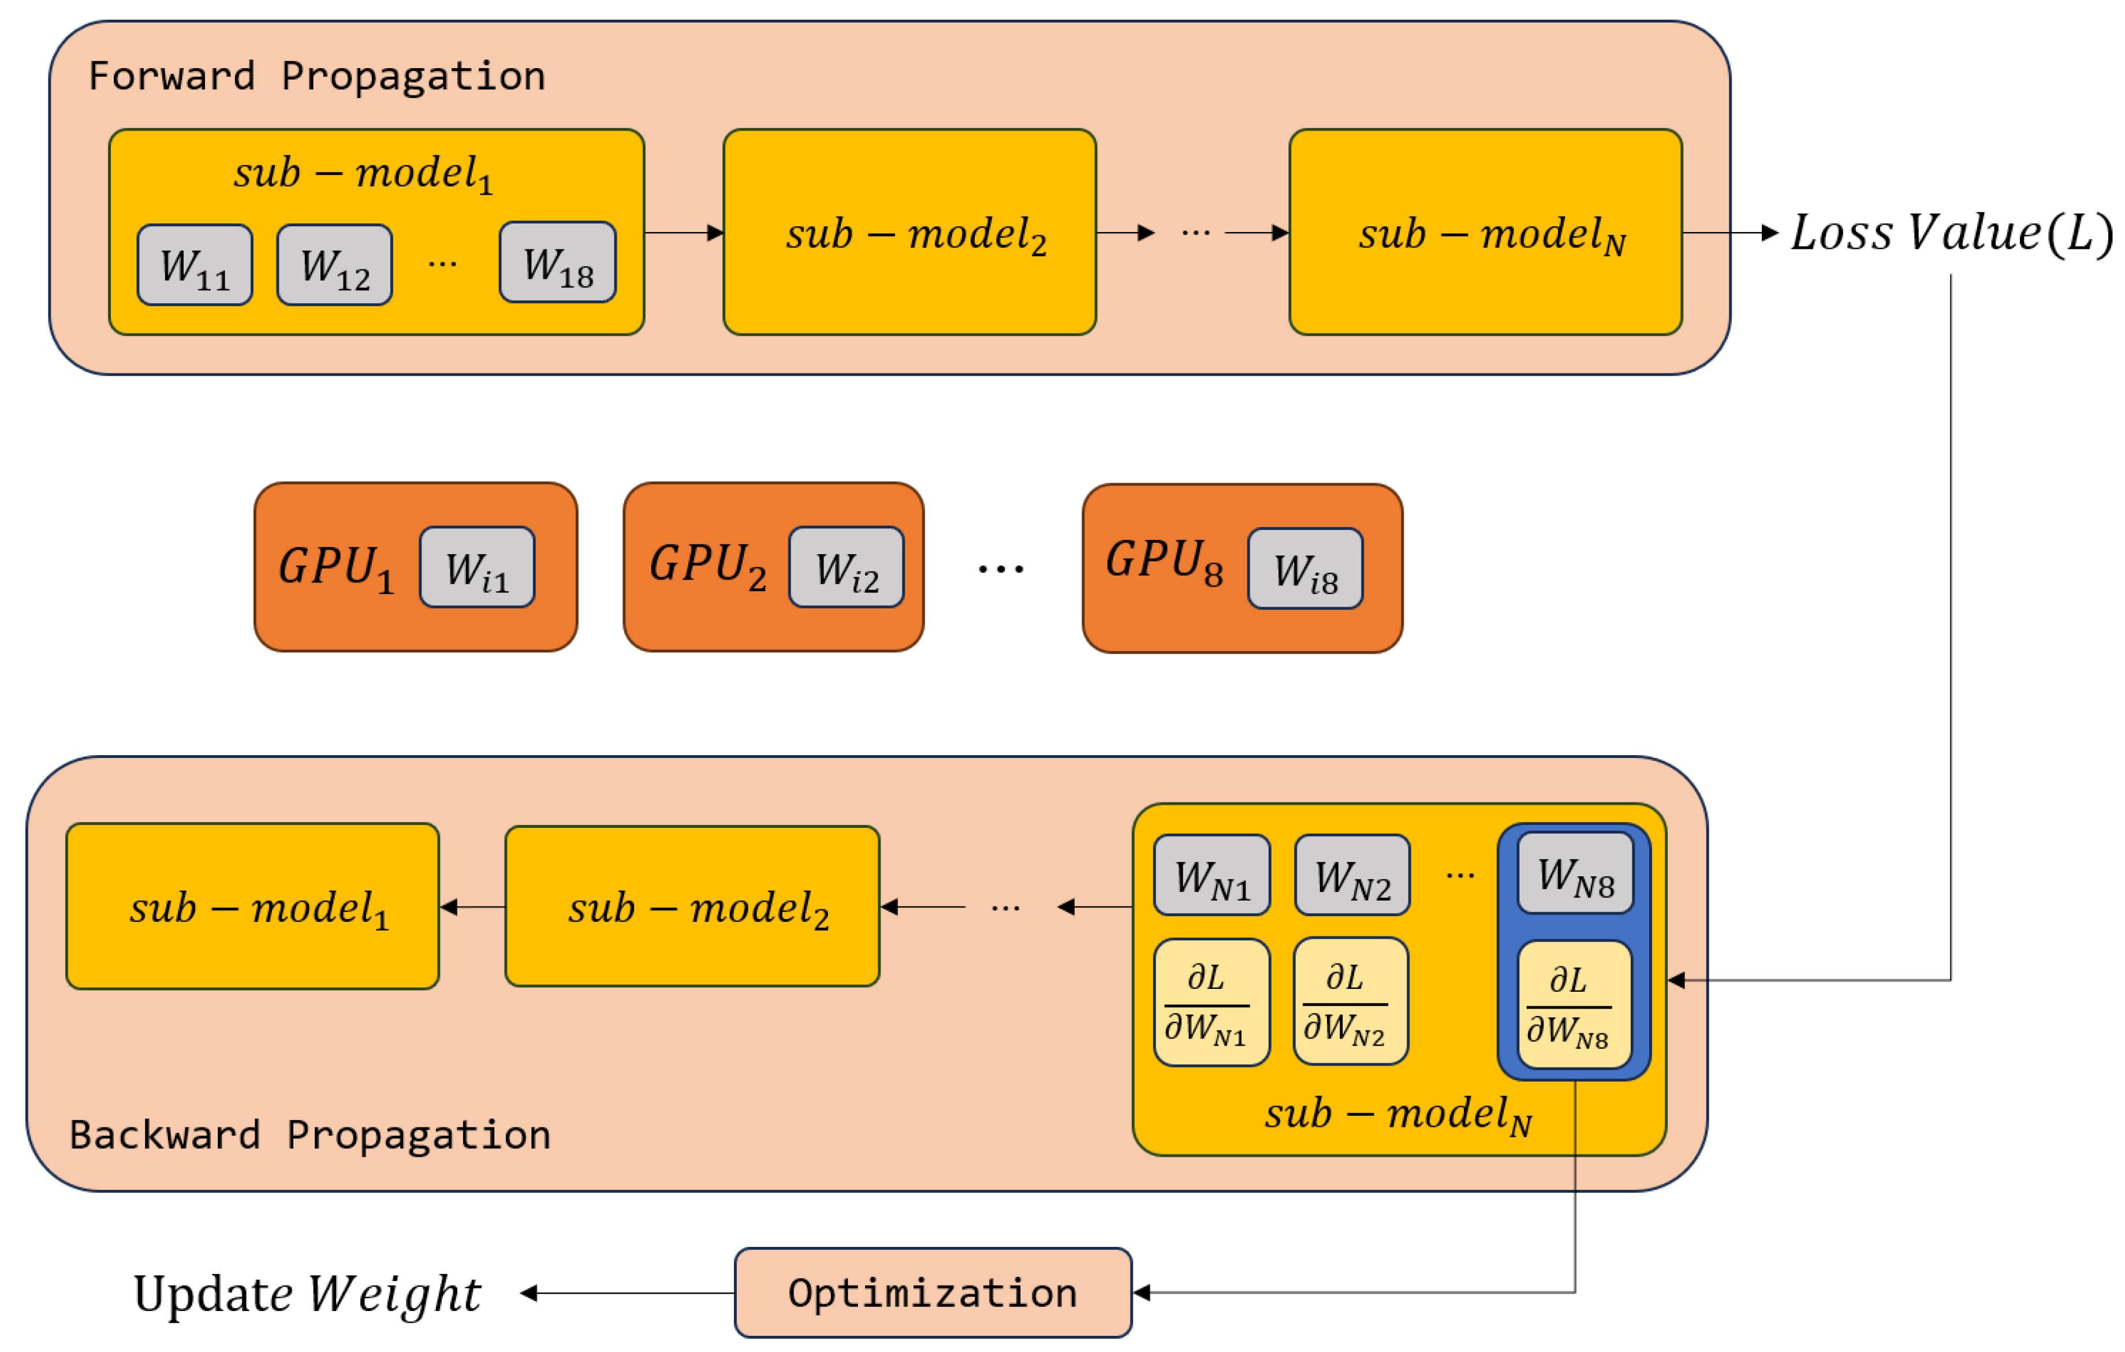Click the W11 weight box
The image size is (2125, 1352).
[195, 266]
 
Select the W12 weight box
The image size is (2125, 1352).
[334, 266]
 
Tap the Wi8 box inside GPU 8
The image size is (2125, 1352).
[1305, 569]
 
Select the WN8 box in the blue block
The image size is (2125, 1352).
[1575, 873]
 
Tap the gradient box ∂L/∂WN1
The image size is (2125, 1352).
[1211, 1003]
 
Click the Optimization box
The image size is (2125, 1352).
[933, 1294]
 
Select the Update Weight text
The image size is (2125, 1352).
[307, 1295]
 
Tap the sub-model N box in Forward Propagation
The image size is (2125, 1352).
[1485, 233]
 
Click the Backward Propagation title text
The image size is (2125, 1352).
[310, 1136]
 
